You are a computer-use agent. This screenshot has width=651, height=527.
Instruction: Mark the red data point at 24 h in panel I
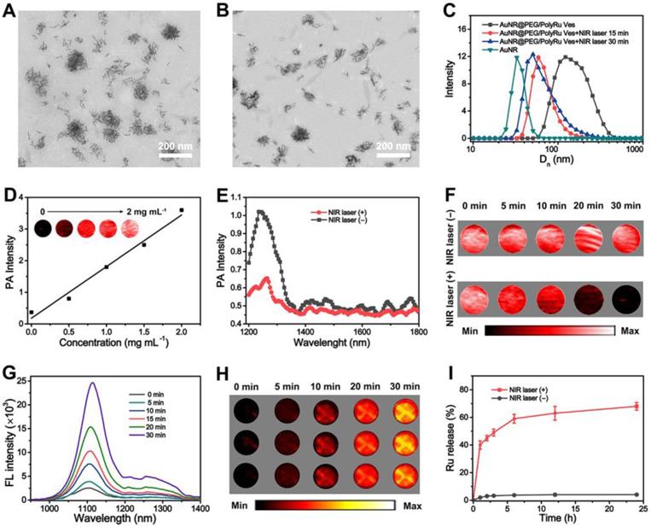[x=634, y=406]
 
